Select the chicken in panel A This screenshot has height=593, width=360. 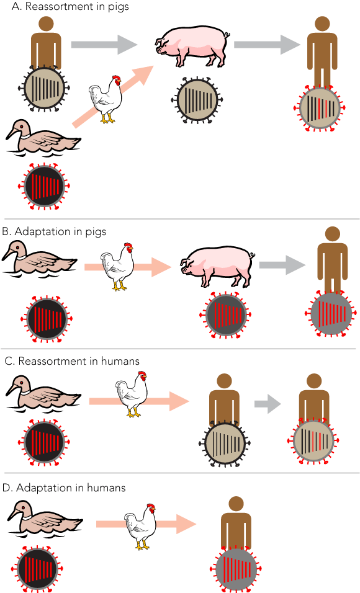[106, 99]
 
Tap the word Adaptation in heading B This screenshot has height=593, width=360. [42, 231]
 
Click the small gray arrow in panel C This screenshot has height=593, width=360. [268, 404]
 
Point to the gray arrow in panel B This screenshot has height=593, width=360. [282, 265]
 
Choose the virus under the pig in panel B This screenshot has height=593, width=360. [225, 314]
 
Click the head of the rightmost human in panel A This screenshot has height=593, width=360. [322, 24]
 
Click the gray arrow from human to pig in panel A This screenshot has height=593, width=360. [104, 45]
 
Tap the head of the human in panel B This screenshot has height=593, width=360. [332, 234]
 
